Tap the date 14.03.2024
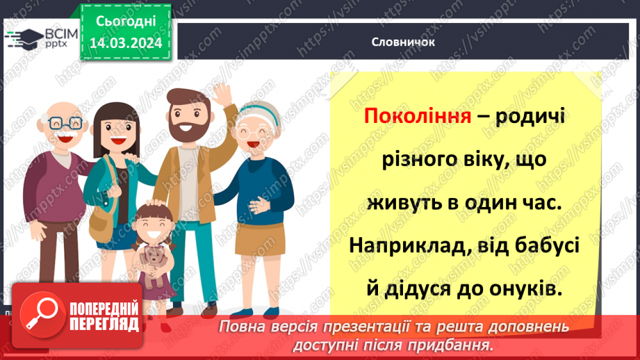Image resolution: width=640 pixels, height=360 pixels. (125, 44)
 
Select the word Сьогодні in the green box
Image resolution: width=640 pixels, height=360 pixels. (125, 22)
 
